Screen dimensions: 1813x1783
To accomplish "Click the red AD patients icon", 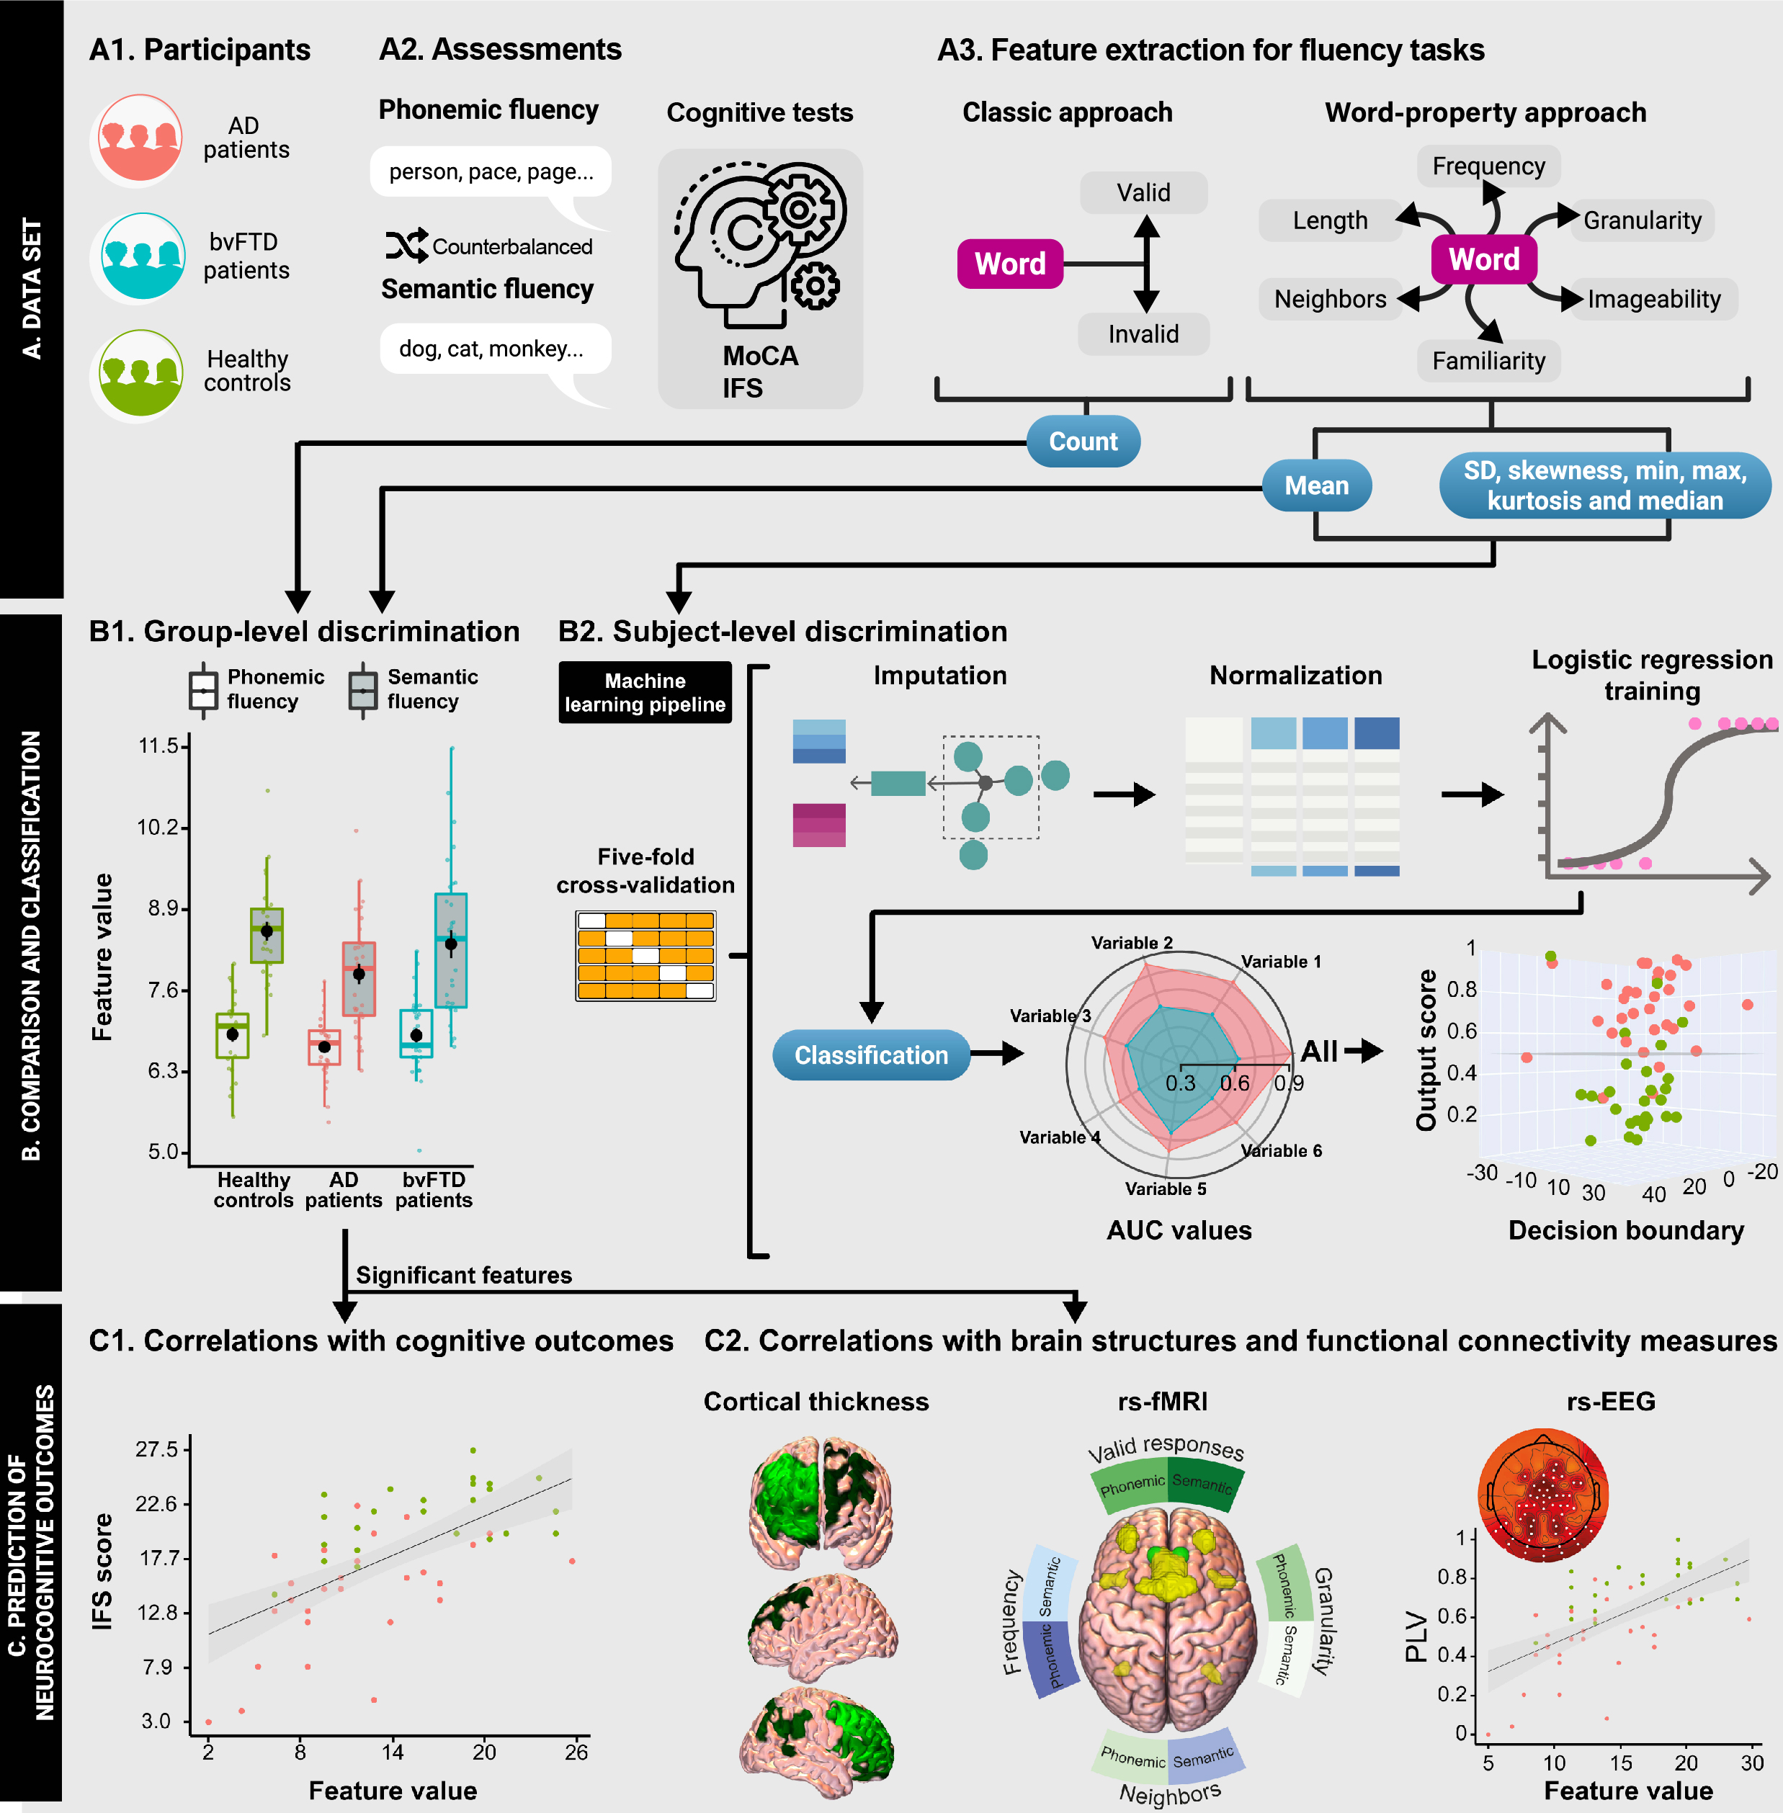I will pos(138,140).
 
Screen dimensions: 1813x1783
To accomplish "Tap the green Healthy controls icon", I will pos(138,374).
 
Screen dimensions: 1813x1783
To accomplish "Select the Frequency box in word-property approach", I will pos(1488,166).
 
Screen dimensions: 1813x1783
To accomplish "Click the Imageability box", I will pos(1653,300).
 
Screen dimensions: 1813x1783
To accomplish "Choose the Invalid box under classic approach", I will pos(1143,334).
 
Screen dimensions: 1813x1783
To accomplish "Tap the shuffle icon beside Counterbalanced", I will pos(406,246).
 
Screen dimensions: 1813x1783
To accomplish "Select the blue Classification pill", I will pos(871,1055).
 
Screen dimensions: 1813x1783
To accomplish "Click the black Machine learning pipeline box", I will pos(645,693).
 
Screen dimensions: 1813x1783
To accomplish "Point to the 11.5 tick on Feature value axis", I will pos(158,746).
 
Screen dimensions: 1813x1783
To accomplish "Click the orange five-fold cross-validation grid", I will pos(646,955).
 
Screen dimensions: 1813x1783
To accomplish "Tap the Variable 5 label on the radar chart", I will pos(1165,1188).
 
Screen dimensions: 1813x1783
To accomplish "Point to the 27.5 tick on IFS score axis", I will pos(156,1450).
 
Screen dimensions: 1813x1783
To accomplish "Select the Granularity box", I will pos(1642,221).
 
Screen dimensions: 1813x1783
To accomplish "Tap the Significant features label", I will pos(463,1276).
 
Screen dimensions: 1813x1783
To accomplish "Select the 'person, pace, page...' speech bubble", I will pos(491,172).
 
